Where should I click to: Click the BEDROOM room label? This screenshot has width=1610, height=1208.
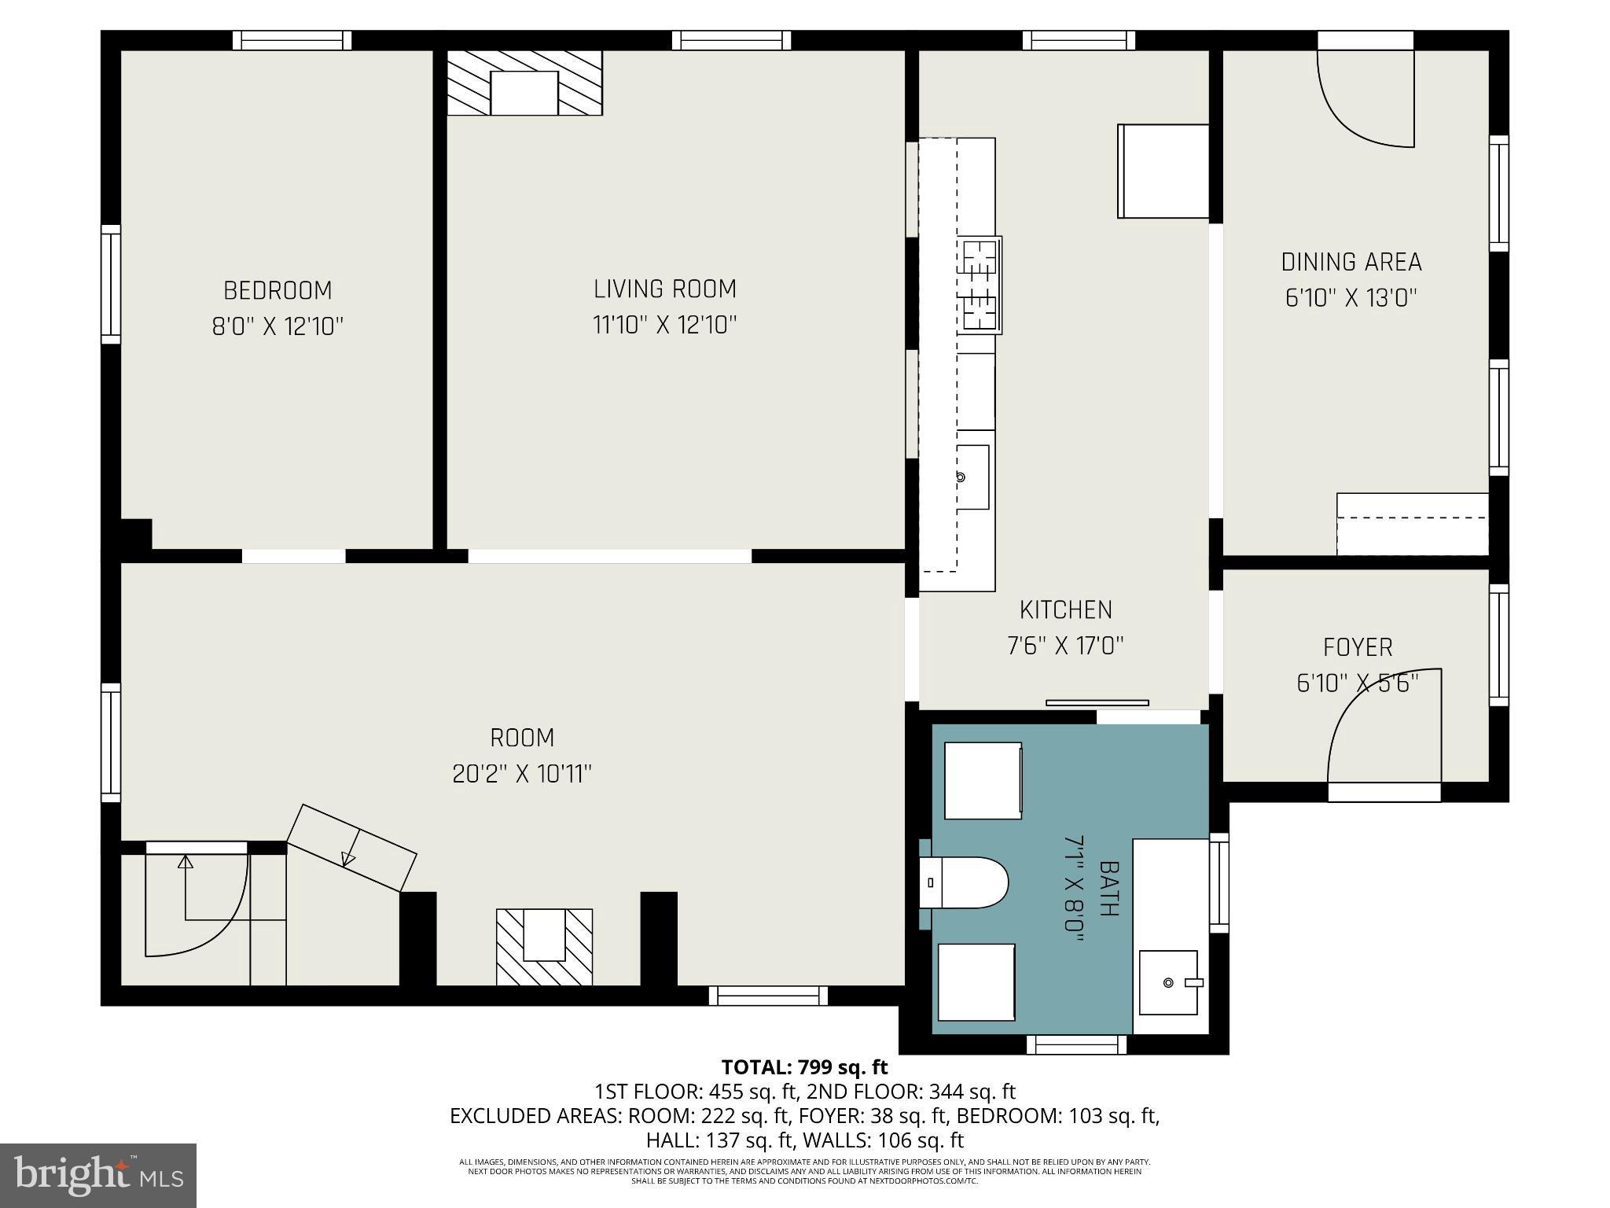pyautogui.click(x=278, y=290)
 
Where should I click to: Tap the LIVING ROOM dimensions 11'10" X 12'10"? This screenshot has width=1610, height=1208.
pyautogui.click(x=664, y=325)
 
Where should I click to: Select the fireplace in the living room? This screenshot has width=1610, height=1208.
pyautogui.click(x=524, y=83)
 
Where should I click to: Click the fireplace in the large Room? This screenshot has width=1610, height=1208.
pyautogui.click(x=544, y=946)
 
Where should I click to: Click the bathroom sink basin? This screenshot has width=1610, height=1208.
pyautogui.click(x=1169, y=982)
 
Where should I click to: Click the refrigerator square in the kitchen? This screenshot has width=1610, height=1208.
pyautogui.click(x=1163, y=171)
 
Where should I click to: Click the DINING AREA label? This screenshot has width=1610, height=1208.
pyautogui.click(x=1351, y=262)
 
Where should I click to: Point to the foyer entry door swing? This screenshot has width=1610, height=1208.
pyautogui.click(x=1384, y=727)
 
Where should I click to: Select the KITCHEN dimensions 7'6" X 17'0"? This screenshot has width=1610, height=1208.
pyautogui.click(x=1065, y=646)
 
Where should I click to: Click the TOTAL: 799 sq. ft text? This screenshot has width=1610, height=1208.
pyautogui.click(x=804, y=1067)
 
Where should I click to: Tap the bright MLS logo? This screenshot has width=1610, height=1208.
pyautogui.click(x=97, y=1175)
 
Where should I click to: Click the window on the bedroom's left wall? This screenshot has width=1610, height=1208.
pyautogui.click(x=111, y=284)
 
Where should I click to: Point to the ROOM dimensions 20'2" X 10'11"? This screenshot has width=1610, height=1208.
pyautogui.click(x=521, y=774)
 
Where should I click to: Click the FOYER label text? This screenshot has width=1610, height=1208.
pyautogui.click(x=1358, y=647)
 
